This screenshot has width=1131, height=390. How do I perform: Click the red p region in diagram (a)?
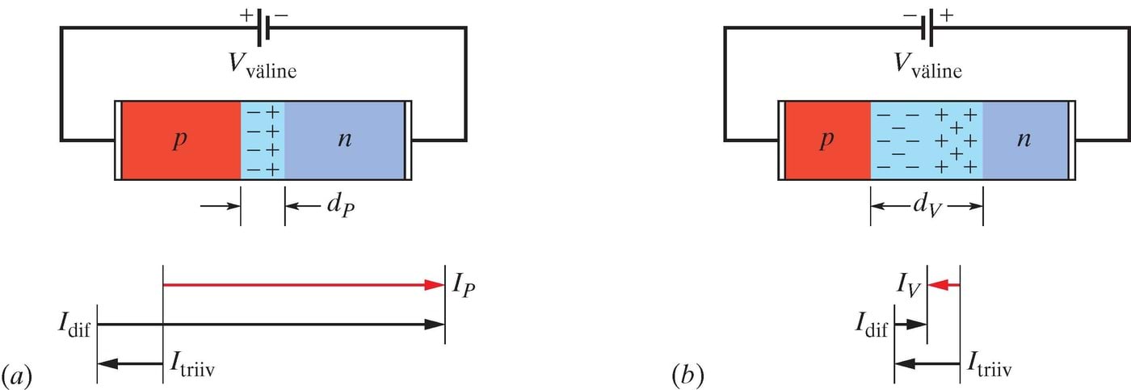[180, 140]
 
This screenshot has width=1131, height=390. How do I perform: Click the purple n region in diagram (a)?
[345, 140]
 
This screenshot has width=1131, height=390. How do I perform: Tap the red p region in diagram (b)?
[825, 140]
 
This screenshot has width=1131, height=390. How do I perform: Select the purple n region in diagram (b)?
[1024, 140]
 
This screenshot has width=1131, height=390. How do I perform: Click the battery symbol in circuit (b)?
[928, 27]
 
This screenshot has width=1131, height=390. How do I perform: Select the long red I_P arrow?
[304, 284]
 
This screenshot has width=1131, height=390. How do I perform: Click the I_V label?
[910, 286]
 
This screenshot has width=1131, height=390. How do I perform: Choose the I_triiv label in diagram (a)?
[195, 367]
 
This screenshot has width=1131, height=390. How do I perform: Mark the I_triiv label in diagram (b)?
[989, 367]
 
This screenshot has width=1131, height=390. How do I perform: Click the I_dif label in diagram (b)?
[872, 325]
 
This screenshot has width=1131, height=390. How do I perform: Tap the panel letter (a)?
[18, 375]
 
